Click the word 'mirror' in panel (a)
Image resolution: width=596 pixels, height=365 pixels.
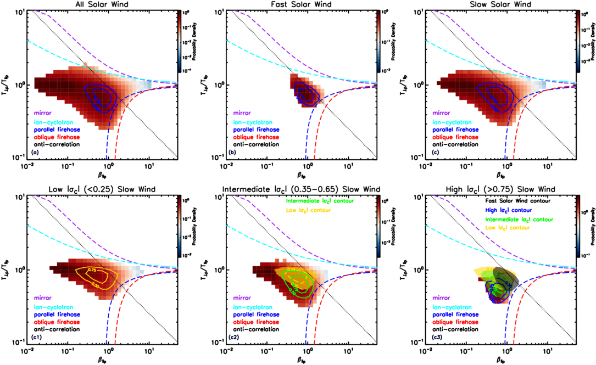44,114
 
